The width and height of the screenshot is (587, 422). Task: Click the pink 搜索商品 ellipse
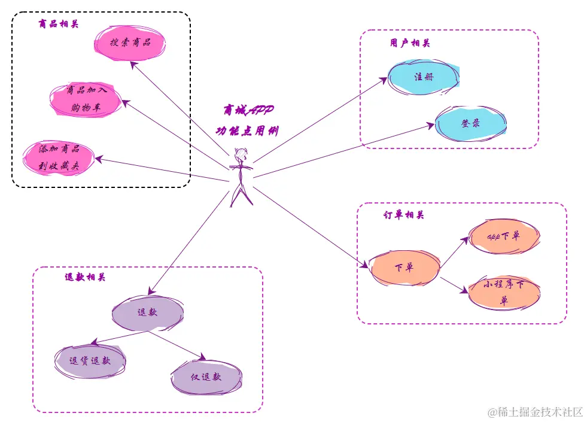pos(130,42)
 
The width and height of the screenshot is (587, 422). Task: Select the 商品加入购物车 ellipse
pos(86,99)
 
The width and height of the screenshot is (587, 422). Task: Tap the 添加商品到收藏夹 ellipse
pos(59,157)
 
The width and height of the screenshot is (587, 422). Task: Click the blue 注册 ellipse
pos(424,77)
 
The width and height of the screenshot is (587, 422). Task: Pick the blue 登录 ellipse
pos(470,123)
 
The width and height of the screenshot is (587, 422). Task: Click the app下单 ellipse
pos(504,236)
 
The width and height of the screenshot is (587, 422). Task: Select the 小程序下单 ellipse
pos(504,293)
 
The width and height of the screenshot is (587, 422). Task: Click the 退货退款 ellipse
pos(90,361)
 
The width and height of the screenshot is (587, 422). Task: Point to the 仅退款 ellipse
pos(206,378)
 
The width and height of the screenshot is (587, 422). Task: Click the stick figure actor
pos(241,176)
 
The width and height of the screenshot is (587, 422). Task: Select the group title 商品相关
pos(58,25)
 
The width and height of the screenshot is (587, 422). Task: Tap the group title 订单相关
pos(404,215)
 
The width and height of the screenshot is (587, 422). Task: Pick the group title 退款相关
pos(85,278)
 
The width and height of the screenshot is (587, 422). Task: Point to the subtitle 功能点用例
pos(247,130)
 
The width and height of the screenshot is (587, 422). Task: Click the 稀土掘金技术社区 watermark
pos(535,412)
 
